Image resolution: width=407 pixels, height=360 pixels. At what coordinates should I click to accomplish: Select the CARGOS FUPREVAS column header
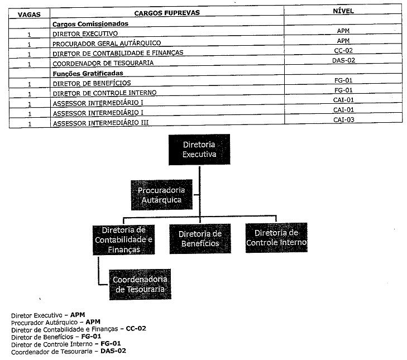[x=166, y=12]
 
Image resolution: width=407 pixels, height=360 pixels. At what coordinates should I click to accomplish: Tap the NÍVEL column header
[x=343, y=11]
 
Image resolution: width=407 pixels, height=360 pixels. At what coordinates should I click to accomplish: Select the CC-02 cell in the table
[x=344, y=50]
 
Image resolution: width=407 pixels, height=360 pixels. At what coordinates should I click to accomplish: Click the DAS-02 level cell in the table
[x=344, y=60]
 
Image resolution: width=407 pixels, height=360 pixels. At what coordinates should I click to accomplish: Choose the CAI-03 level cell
[x=344, y=119]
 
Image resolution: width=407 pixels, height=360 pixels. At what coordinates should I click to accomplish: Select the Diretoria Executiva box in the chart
[x=199, y=150]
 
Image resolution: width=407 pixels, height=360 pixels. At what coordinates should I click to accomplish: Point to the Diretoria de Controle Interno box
[x=276, y=238]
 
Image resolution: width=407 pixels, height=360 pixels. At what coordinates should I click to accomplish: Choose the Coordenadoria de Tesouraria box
[x=140, y=284]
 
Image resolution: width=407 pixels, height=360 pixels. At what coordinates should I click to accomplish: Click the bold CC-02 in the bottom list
[x=136, y=329]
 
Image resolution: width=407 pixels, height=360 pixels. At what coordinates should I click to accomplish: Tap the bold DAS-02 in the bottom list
[x=113, y=351]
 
